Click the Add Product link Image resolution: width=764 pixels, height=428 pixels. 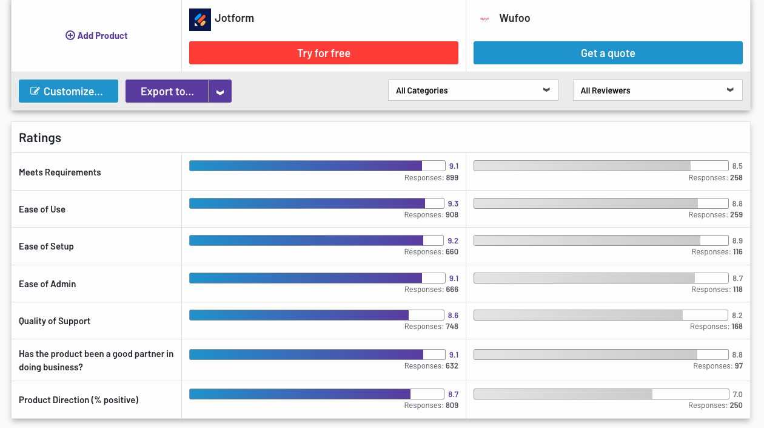pyautogui.click(x=96, y=36)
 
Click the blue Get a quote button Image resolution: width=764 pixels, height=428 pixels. pyautogui.click(x=608, y=53)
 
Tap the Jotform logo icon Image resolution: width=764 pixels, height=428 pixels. pyautogui.click(x=200, y=19)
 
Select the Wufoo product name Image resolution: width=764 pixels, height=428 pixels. pyautogui.click(x=514, y=18)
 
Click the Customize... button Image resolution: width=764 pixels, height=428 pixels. pyautogui.click(x=69, y=91)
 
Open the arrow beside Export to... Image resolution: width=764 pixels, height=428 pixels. pyautogui.click(x=220, y=92)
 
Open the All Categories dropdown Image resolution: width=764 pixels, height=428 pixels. pyautogui.click(x=473, y=90)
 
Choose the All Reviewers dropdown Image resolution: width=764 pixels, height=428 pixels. pyautogui.click(x=657, y=90)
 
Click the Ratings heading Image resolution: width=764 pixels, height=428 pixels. pyautogui.click(x=40, y=138)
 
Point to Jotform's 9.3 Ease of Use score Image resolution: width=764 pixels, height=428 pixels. pyautogui.click(x=453, y=203)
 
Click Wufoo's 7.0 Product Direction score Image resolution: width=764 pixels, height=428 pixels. pyautogui.click(x=737, y=395)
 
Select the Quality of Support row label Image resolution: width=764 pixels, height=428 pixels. pyautogui.click(x=55, y=321)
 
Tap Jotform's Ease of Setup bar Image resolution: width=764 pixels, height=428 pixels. pyautogui.click(x=306, y=240)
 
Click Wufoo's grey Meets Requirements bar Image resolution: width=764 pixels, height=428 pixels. pyautogui.click(x=582, y=166)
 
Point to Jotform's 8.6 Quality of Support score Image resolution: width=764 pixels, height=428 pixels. pyautogui.click(x=453, y=316)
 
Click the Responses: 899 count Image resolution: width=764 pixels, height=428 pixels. pyautogui.click(x=431, y=178)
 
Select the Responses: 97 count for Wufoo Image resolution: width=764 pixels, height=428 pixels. pyautogui.click(x=718, y=366)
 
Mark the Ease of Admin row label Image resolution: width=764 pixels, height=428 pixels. pyautogui.click(x=47, y=284)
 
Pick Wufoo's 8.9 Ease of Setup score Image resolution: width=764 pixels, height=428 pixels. pyautogui.click(x=737, y=241)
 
